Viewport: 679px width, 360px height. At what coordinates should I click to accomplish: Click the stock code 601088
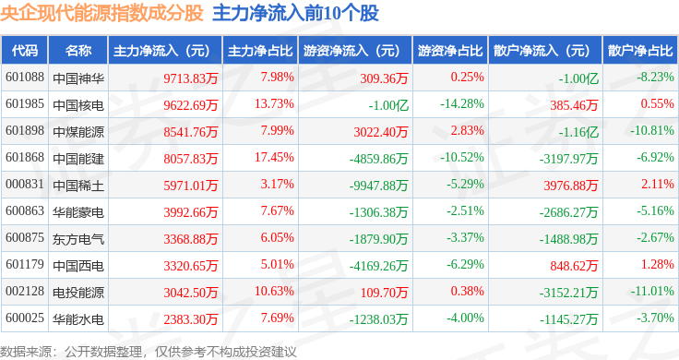coord(25,78)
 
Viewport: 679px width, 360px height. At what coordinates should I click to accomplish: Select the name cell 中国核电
coord(78,105)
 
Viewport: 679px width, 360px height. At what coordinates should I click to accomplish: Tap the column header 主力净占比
coord(260,51)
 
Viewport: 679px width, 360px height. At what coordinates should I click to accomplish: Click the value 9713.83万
coord(191,78)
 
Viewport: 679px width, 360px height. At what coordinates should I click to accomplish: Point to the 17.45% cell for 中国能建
coord(274,157)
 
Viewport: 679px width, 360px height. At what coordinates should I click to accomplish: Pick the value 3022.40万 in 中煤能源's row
coord(381,132)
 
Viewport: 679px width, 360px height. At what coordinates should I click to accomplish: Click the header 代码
coord(25,51)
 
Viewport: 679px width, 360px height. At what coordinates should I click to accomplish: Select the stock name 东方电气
coord(78,239)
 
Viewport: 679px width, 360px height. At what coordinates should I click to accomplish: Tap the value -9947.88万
coord(378,186)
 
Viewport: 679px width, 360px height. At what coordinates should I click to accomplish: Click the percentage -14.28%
coord(462,104)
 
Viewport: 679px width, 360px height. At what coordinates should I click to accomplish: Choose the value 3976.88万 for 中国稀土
coord(571,186)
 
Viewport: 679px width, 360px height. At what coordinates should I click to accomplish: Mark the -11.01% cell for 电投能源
coord(652,291)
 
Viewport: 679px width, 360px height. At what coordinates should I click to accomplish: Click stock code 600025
coord(25,318)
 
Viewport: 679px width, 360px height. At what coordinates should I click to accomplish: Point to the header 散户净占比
coord(640,51)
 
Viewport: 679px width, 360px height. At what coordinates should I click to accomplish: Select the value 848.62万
coord(574,266)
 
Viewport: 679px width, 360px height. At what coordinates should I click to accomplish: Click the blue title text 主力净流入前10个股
coord(296,13)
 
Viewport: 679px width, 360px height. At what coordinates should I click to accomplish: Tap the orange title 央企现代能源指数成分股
coord(101,13)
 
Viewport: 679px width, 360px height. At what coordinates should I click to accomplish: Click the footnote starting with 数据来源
coord(149,352)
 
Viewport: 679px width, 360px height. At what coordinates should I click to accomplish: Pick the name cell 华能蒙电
coord(78,212)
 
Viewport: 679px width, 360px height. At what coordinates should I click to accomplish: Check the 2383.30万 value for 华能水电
coord(191,319)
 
